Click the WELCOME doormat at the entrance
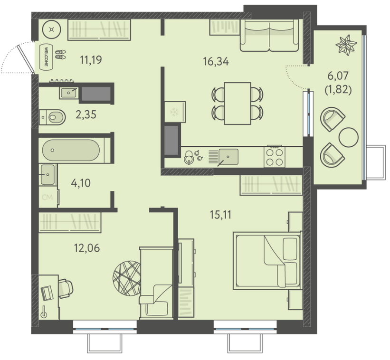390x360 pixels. (46, 57)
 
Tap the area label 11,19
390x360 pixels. (91, 60)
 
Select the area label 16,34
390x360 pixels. (216, 61)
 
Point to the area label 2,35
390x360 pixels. (86, 115)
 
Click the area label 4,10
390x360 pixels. (81, 183)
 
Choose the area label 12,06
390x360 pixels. (87, 248)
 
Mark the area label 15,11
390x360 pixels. (220, 215)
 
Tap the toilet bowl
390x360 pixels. (52, 117)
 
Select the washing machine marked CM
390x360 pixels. (48, 198)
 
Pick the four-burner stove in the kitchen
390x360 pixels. (275, 157)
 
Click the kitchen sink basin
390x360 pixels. (228, 157)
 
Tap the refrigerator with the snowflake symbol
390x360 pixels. (175, 112)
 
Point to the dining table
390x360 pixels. (238, 104)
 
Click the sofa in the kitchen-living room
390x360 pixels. (269, 36)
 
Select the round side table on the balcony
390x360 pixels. (349, 137)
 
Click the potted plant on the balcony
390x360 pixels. (346, 45)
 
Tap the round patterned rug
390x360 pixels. (127, 278)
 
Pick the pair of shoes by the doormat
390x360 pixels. (61, 55)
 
